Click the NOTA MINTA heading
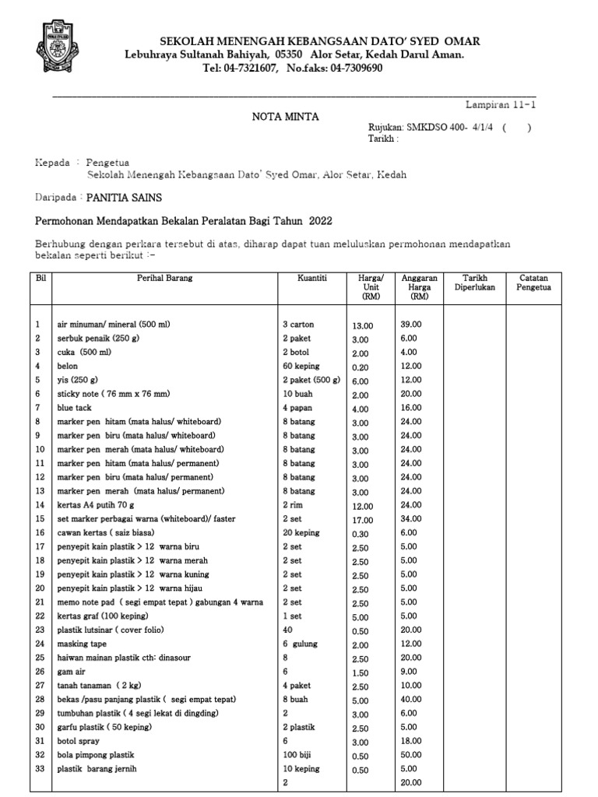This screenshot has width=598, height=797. [285, 117]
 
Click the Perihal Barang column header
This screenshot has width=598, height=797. [164, 278]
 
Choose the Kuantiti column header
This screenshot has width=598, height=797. [312, 278]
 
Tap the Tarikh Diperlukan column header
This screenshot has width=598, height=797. [474, 283]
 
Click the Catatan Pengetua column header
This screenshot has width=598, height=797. [533, 283]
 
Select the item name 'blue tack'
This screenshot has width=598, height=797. [74, 408]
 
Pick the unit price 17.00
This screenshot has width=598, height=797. [363, 519]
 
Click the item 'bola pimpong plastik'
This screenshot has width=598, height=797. [96, 755]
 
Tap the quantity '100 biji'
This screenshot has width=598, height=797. [301, 755]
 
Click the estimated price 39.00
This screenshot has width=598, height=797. [410, 324]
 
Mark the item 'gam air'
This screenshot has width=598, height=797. [71, 671]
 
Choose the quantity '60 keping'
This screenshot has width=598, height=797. [301, 366]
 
